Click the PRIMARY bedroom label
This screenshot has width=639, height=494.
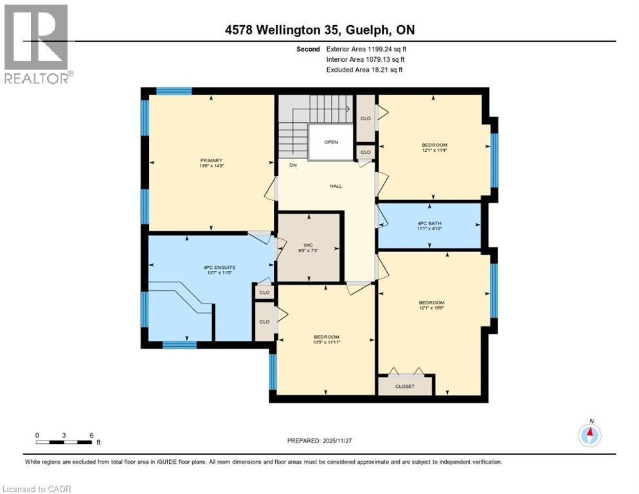[211, 160]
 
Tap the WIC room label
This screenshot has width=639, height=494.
[308, 244]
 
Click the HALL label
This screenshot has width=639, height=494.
[336, 186]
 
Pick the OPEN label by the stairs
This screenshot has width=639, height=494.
[331, 142]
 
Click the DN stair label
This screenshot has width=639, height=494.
[292, 165]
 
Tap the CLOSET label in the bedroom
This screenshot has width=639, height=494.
[405, 387]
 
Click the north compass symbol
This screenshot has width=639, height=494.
[589, 435]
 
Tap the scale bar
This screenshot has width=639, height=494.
[64, 441]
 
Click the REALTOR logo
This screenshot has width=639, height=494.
[37, 44]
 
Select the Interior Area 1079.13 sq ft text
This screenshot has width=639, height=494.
[366, 59]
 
